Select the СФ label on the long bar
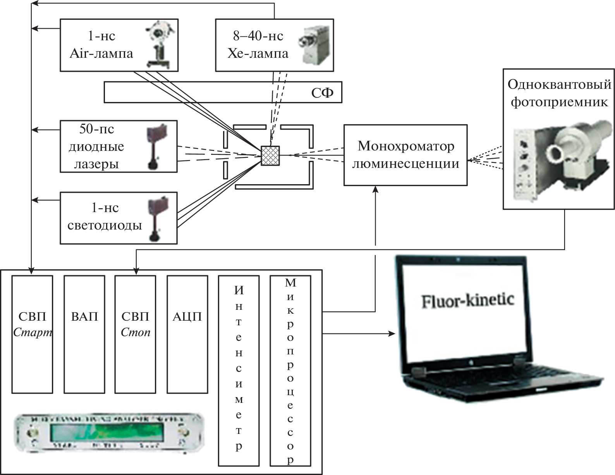pos(322,93)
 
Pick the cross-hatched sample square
pos(270,155)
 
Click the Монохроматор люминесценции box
pos(405,155)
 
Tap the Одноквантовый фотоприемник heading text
pos(559,93)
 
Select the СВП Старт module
pos(32,334)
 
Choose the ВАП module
pos(84,334)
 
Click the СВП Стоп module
pos(136,334)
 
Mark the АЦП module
pos(187,334)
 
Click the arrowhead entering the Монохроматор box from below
pos(375,189)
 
